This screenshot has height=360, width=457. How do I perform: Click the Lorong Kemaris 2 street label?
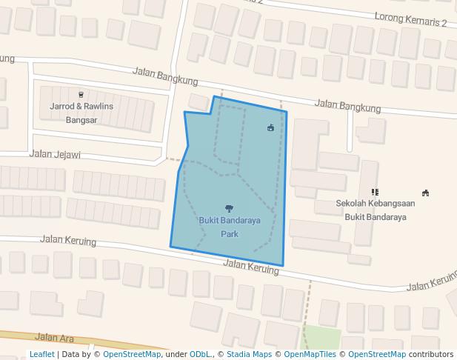tap(410, 19)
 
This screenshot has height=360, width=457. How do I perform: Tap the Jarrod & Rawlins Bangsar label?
tap(81, 113)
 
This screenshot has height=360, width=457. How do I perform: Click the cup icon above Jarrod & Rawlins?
tap(81, 95)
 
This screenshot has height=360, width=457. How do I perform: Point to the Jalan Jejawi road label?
tap(54, 155)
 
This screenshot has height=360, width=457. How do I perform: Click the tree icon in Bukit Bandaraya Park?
tap(229, 208)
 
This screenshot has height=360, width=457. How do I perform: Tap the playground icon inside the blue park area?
tap(270, 127)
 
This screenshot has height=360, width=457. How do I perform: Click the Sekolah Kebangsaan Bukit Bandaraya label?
tap(375, 210)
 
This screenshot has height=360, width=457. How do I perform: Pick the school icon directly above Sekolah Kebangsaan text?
tap(375, 192)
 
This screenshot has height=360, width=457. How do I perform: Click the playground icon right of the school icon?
tap(425, 193)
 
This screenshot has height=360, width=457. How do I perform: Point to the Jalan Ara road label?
tap(54, 338)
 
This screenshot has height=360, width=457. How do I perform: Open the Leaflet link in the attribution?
tap(41, 354)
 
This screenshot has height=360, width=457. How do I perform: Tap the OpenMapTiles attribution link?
tap(310, 354)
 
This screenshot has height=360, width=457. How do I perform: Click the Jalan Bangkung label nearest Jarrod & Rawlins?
tap(165, 76)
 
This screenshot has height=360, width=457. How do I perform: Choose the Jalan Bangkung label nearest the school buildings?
tap(347, 107)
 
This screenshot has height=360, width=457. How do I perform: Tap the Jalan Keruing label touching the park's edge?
tap(251, 267)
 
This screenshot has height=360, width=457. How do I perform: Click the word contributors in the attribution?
tap(430, 354)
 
